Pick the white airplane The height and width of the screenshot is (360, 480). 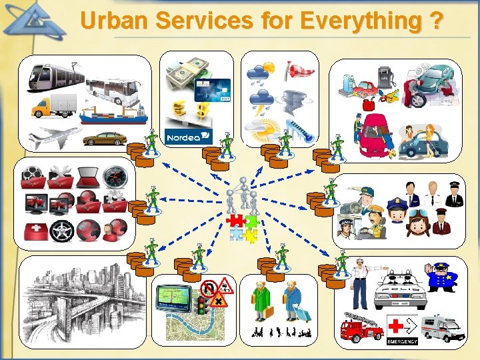[x=53, y=137]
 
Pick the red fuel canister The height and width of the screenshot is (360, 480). [x=367, y=105]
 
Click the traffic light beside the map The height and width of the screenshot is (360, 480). [x=200, y=306]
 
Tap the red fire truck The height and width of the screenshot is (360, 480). [x=360, y=328]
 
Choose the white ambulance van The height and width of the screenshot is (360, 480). [x=441, y=327]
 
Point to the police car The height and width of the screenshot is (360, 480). [x=400, y=287]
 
